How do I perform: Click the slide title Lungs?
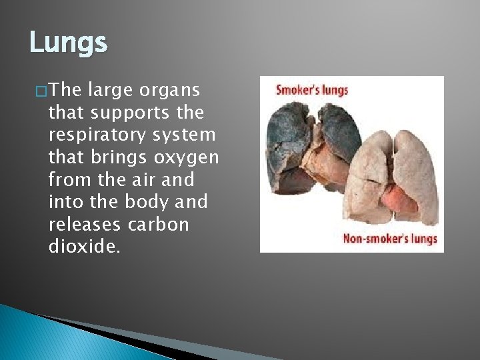[68, 43]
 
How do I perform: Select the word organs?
[179, 89]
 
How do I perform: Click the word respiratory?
[97, 135]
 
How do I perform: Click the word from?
[69, 179]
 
